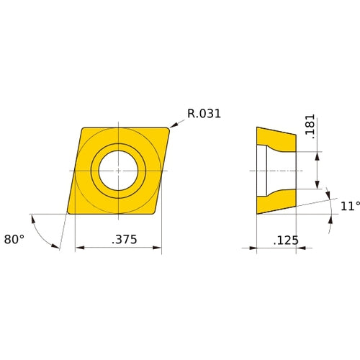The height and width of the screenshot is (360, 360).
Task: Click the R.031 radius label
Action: (x=204, y=113)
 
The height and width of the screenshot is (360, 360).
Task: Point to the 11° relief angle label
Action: (x=350, y=206)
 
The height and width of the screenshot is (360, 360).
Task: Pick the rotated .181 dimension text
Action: (x=310, y=127)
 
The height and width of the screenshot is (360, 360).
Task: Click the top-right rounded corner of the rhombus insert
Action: (x=168, y=130)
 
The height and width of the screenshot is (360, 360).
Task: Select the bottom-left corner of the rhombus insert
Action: (x=69, y=212)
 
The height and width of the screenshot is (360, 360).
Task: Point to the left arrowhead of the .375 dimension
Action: (x=79, y=248)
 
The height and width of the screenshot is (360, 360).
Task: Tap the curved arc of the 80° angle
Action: (x=45, y=234)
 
